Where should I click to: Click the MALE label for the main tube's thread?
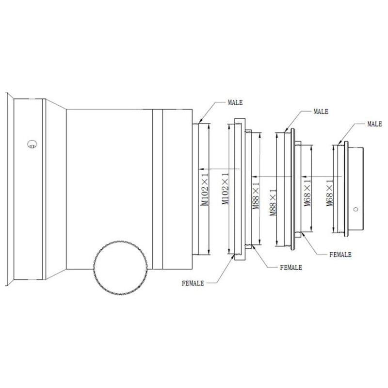(235, 103)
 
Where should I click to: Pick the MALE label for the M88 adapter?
(321, 111)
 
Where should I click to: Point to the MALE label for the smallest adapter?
(374, 124)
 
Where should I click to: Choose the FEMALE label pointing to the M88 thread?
(291, 267)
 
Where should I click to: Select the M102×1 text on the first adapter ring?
(225, 189)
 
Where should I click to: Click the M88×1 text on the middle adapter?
(274, 198)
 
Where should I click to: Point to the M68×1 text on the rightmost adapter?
(330, 193)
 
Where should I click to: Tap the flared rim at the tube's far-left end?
(8, 190)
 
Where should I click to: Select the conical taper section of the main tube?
(55, 189)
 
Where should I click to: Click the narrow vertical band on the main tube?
(157, 189)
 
